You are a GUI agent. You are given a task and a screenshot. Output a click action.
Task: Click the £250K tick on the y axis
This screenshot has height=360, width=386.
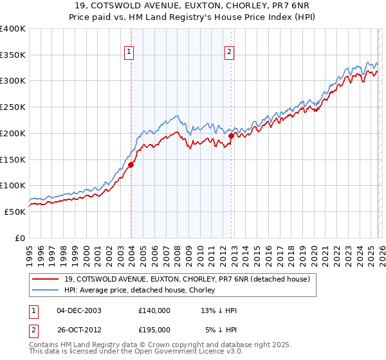(13, 107)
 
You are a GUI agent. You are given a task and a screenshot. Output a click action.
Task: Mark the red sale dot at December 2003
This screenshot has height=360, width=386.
(131, 165)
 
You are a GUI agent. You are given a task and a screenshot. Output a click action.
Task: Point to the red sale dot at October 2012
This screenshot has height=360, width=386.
(232, 136)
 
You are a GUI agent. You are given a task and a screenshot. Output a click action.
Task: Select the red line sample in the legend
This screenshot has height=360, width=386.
(46, 279)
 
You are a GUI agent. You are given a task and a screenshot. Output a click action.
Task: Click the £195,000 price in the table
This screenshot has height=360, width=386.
(154, 330)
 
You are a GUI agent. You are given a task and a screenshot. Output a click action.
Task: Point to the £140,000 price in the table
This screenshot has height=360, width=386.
(154, 310)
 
